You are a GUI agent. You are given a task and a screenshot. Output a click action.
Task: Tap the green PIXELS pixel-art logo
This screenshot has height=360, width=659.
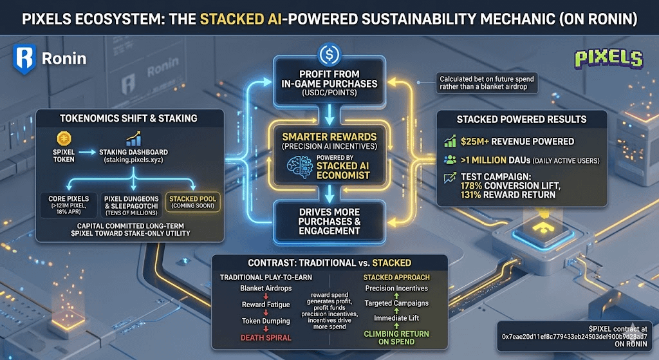coord(609,59)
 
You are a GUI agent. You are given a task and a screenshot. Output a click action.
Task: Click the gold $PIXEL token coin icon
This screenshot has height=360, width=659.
coord(62,138)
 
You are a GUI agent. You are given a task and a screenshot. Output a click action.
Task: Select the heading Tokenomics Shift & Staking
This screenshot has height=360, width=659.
coord(129,118)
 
